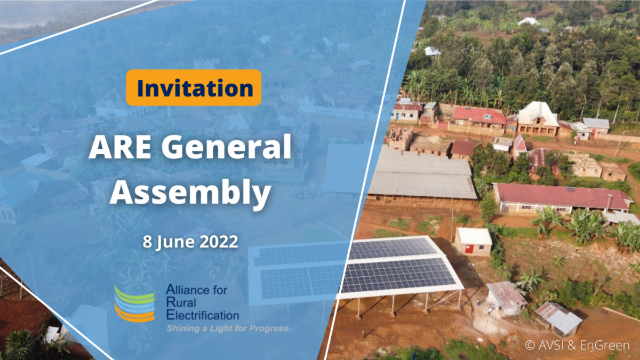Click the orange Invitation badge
(x=193, y=87)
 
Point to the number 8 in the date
(x=147, y=241)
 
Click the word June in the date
(x=173, y=241)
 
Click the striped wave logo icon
(x=134, y=303)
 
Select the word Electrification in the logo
(x=203, y=315)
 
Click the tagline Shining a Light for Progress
(x=227, y=328)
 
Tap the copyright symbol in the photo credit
(x=530, y=345)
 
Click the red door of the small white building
(x=468, y=248)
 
